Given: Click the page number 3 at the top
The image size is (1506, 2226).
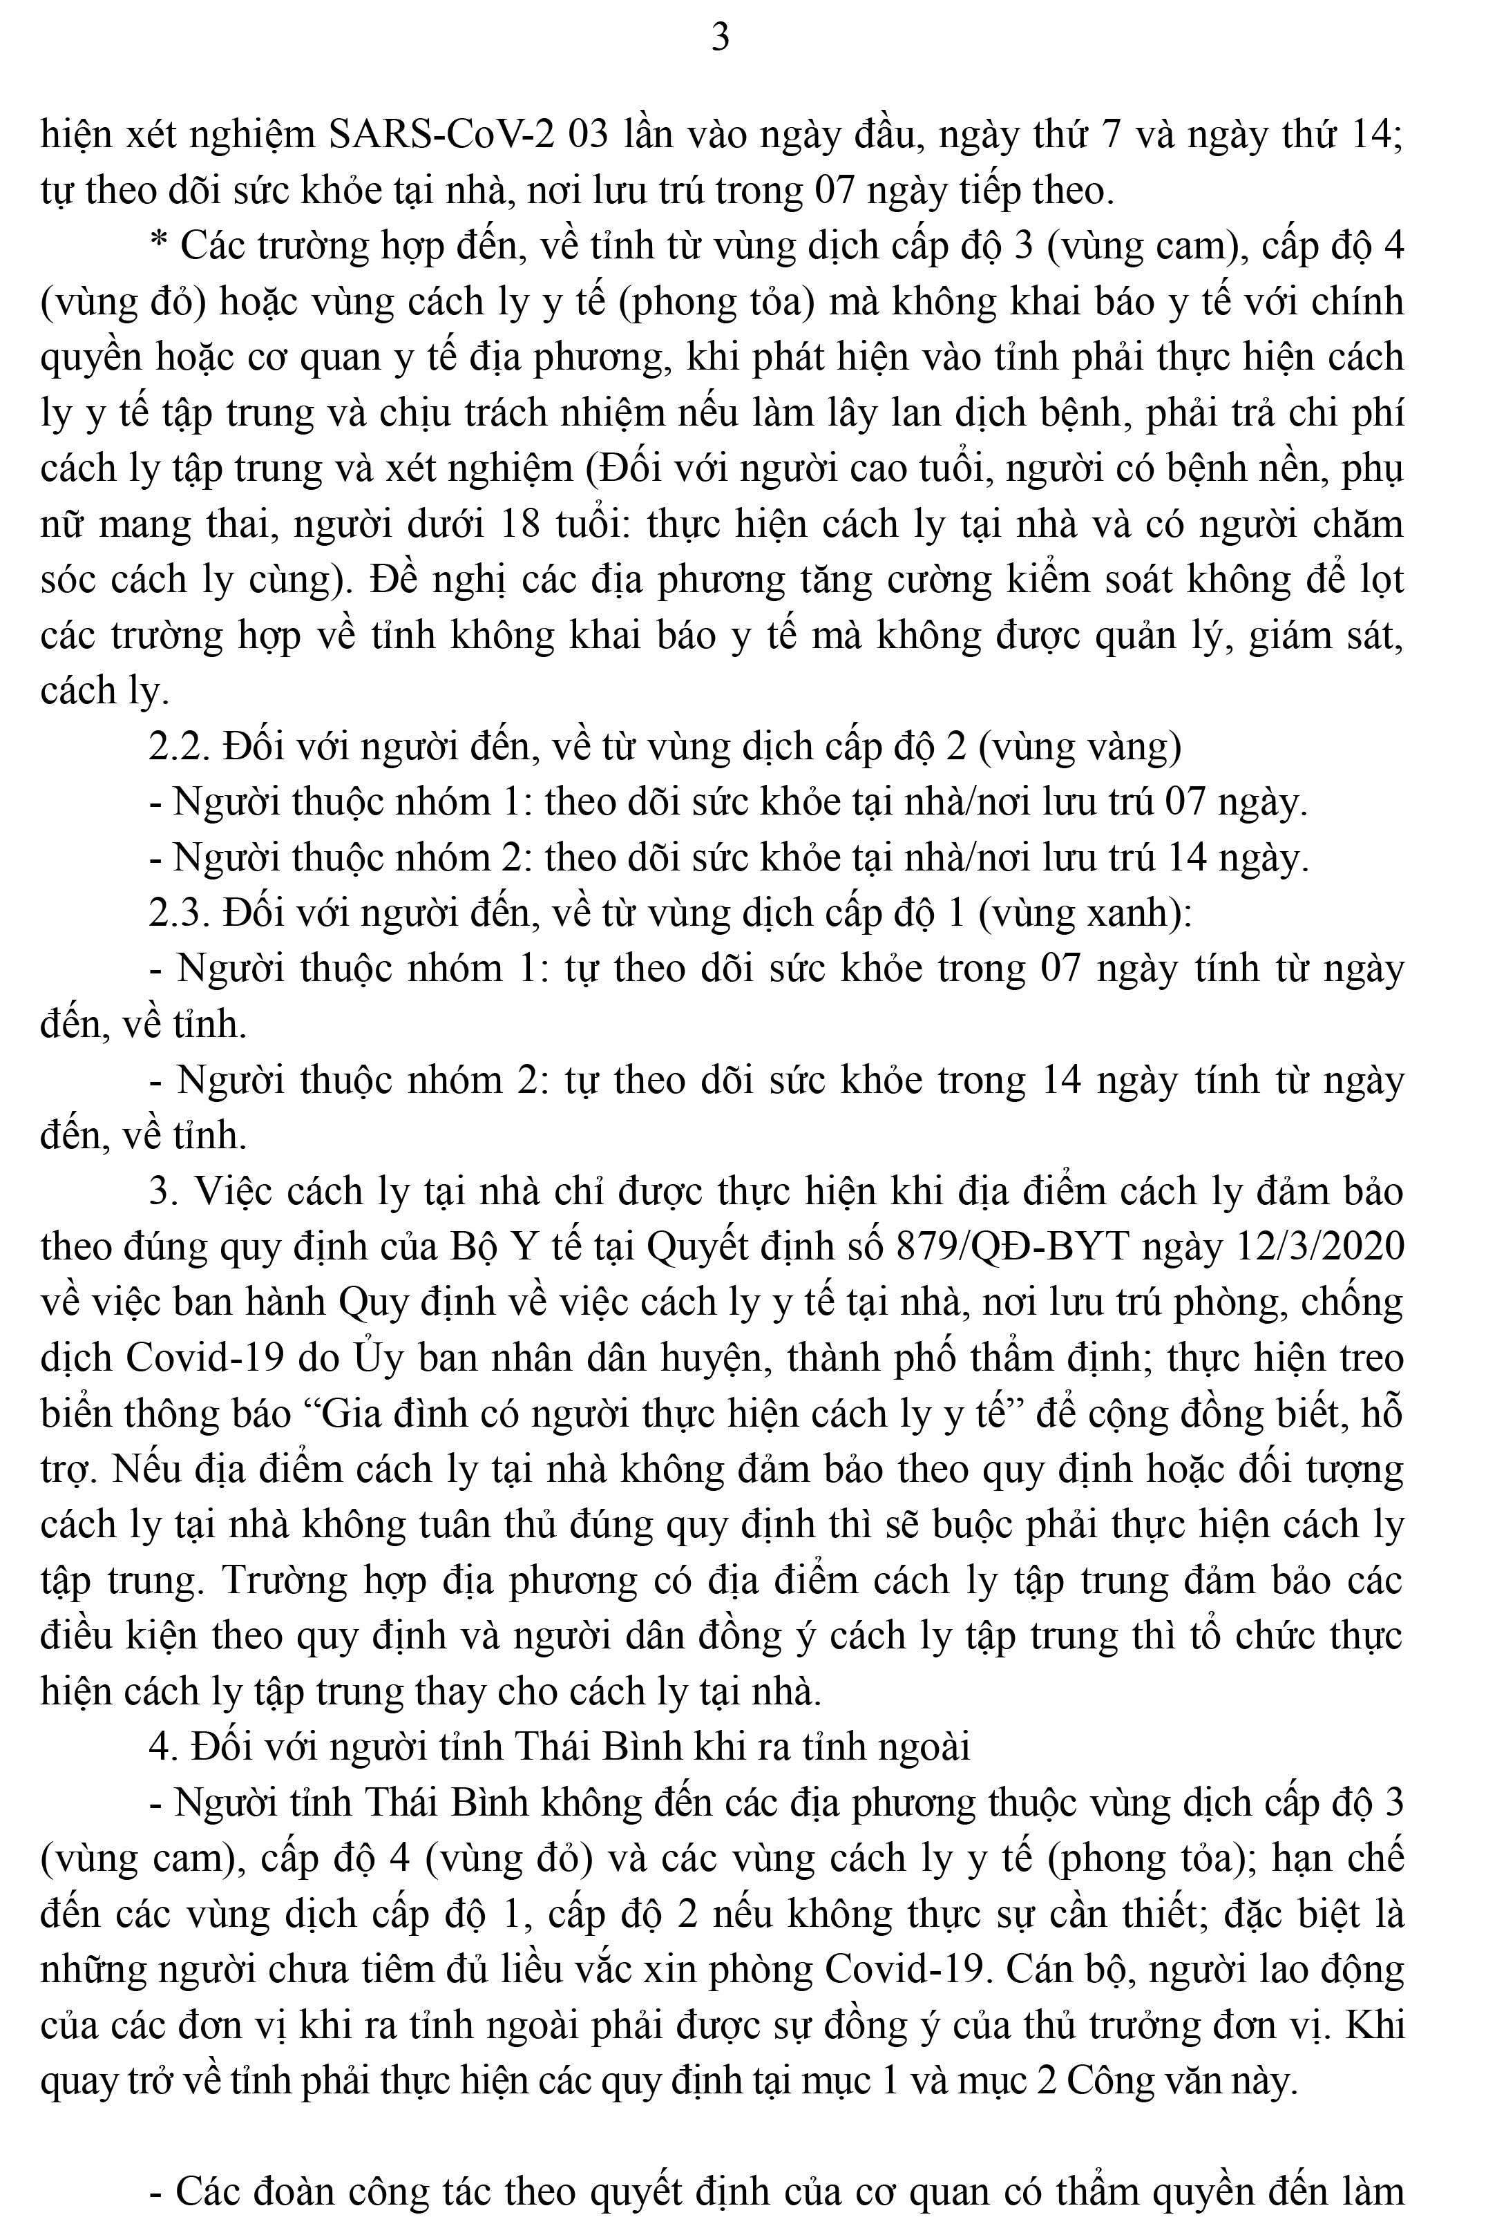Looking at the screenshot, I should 721,37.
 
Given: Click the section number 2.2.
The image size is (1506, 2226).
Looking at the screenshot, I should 178,746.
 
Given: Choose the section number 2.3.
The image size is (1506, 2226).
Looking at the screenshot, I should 178,913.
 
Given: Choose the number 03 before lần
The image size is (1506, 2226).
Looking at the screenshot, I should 588,134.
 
